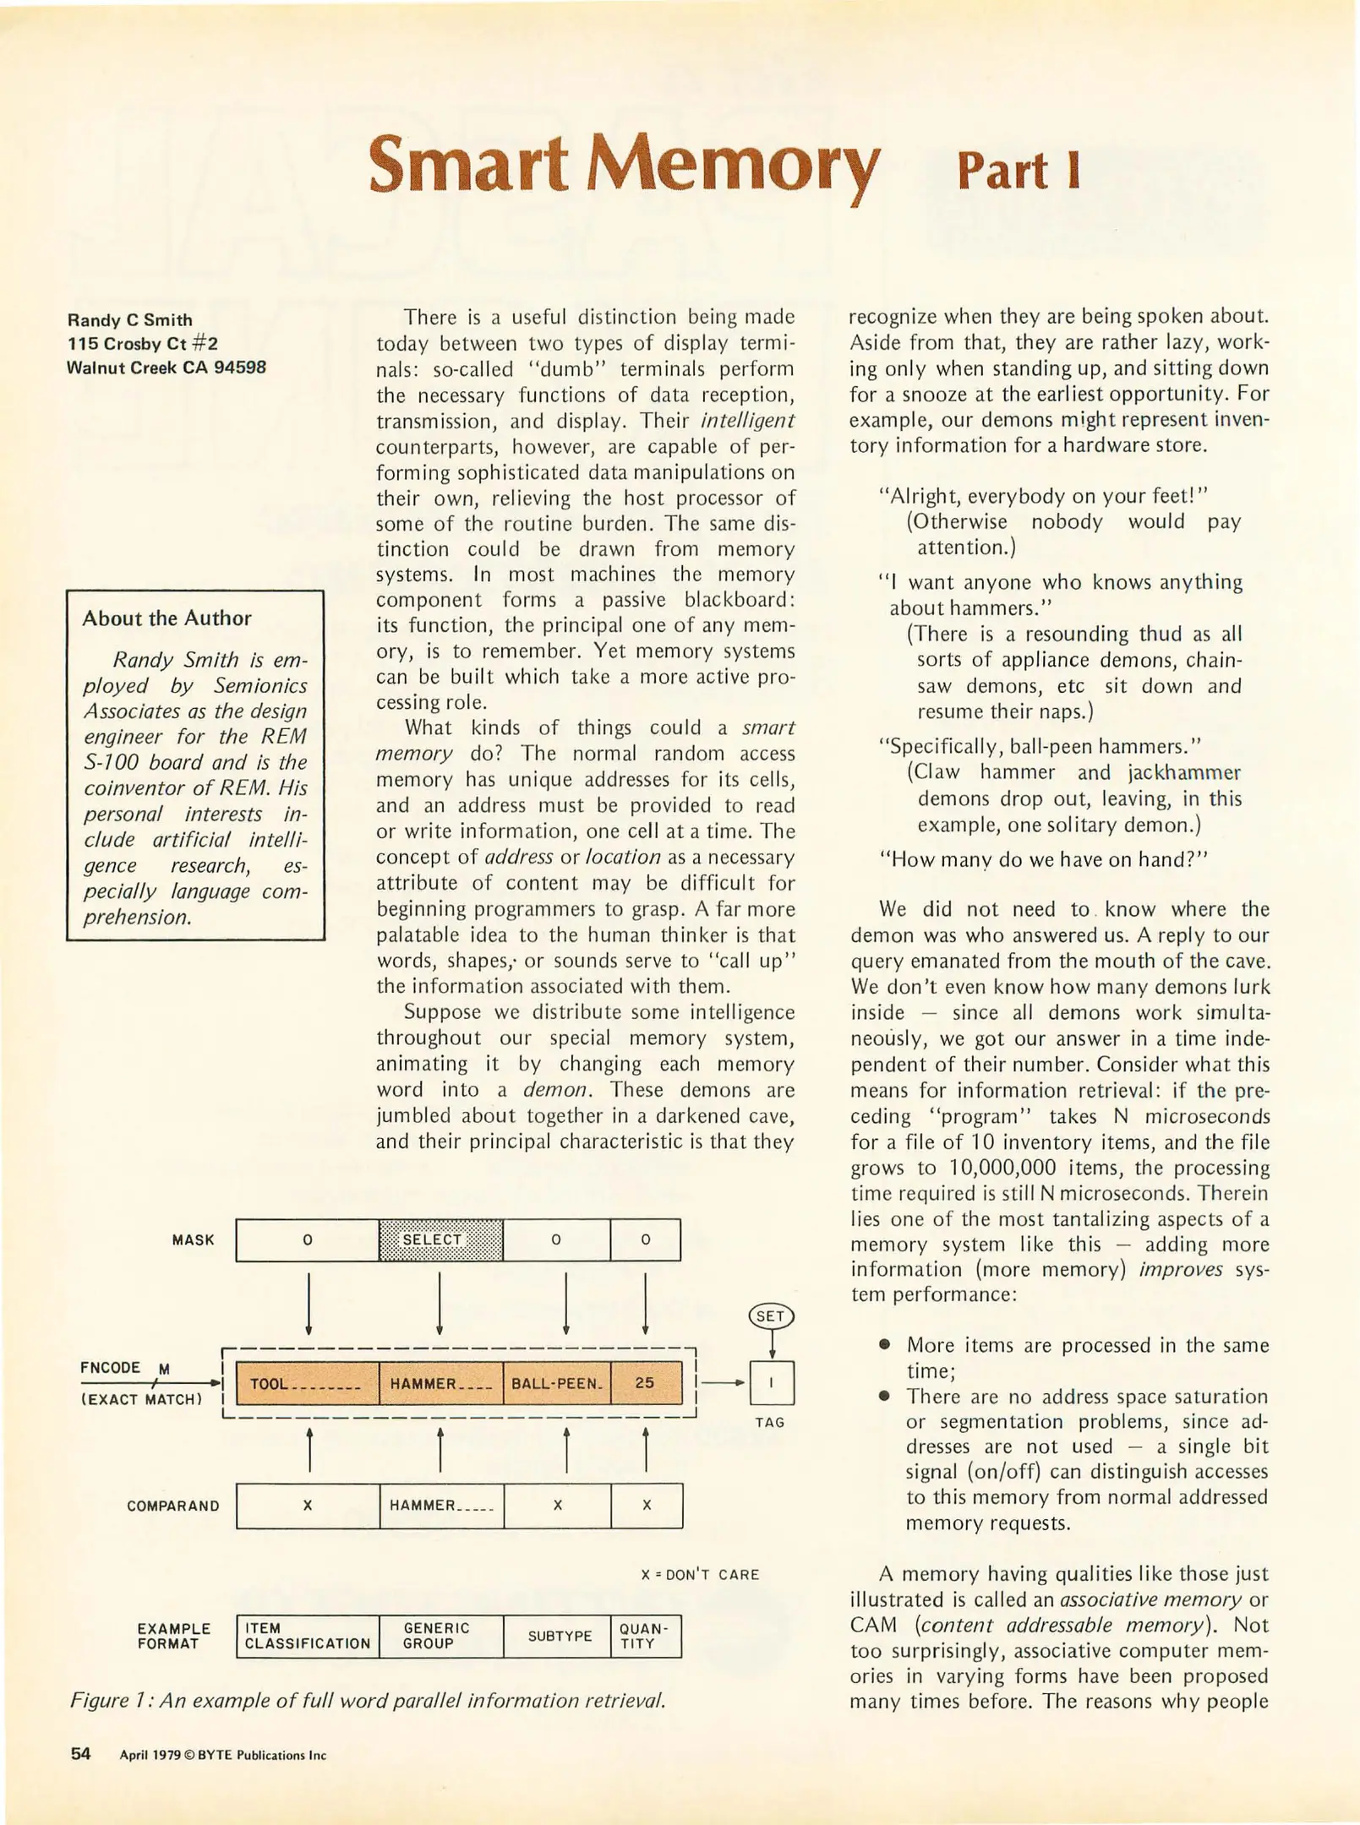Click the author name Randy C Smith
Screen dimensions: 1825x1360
(x=129, y=320)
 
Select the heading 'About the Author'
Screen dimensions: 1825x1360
(x=167, y=618)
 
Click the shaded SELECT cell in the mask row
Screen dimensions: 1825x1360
(x=440, y=1239)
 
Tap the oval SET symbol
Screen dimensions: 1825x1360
(x=771, y=1316)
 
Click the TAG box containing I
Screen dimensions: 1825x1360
(x=771, y=1382)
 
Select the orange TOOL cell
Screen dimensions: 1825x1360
(x=307, y=1383)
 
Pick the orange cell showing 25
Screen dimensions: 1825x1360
(x=644, y=1383)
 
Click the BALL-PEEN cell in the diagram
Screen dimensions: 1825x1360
(x=555, y=1383)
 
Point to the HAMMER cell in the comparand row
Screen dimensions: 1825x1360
(x=440, y=1505)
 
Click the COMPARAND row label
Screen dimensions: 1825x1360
(x=172, y=1506)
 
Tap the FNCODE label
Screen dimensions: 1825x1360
(x=110, y=1367)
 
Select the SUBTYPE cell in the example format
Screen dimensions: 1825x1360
(x=559, y=1636)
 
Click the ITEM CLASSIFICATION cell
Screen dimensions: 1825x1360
(x=307, y=1636)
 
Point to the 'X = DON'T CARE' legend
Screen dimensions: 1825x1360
(x=699, y=1574)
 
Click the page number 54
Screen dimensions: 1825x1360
(x=80, y=1753)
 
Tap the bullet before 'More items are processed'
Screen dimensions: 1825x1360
(x=884, y=1344)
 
